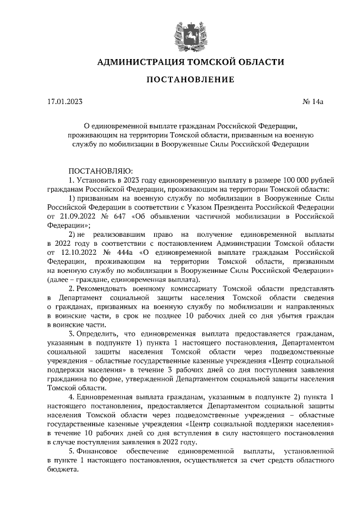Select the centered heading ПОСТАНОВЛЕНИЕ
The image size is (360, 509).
click(x=190, y=80)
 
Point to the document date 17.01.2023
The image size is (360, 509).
click(x=65, y=102)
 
